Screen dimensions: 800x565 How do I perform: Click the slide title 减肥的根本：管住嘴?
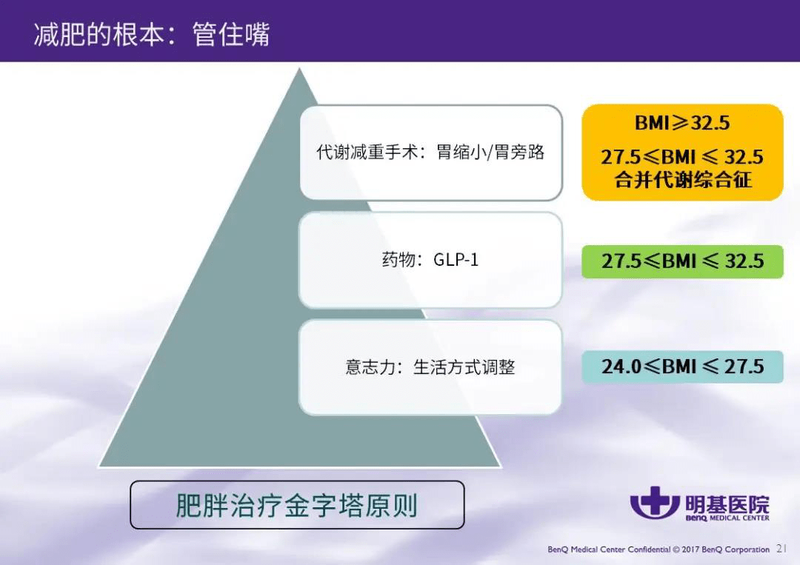[152, 36]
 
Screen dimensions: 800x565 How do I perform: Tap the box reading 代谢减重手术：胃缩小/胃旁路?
[431, 153]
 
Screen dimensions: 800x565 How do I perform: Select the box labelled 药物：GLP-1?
[430, 260]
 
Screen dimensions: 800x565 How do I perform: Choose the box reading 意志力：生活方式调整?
[430, 367]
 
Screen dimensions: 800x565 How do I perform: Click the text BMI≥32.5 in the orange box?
[682, 123]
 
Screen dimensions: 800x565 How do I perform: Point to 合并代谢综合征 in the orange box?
[683, 179]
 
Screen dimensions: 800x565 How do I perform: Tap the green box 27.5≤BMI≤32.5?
[683, 261]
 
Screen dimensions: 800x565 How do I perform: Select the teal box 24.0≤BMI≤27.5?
[683, 367]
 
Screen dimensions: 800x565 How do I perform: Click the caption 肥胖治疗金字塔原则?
[297, 505]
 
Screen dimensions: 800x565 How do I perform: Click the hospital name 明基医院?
[727, 504]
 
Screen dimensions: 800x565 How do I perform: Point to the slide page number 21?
[781, 549]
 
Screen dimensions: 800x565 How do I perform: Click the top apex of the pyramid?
[299, 69]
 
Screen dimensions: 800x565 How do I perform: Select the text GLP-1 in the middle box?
[456, 260]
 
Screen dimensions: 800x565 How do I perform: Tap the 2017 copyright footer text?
[659, 549]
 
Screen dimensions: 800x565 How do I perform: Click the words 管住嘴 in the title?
[231, 36]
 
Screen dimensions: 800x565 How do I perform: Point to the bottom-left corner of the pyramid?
[99, 467]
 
